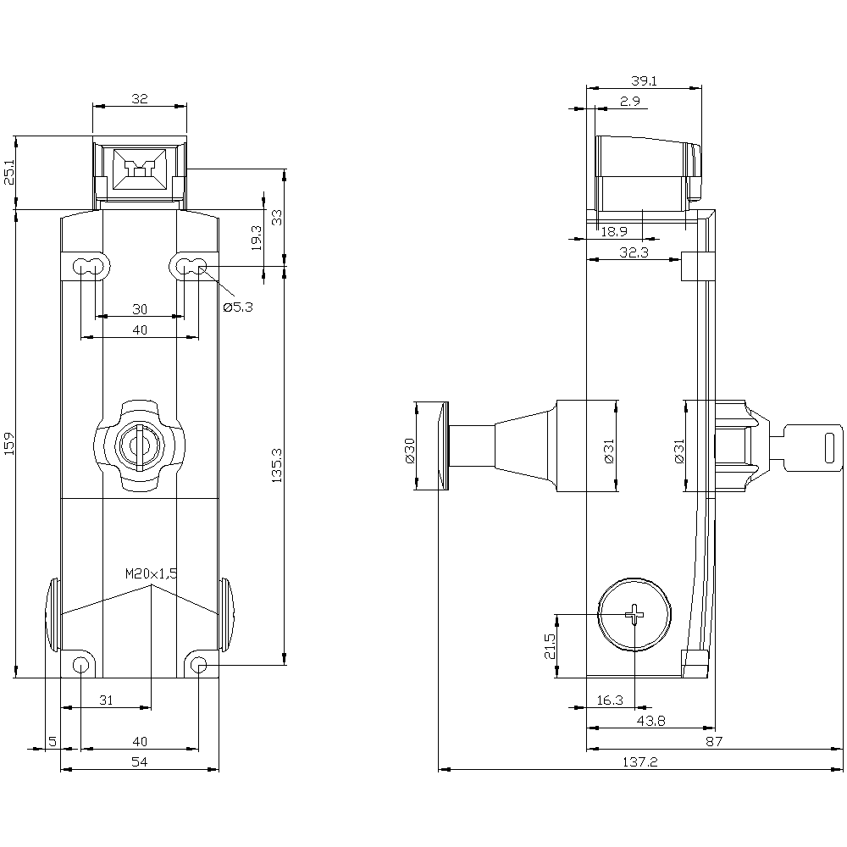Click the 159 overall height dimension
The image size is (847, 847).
point(8,445)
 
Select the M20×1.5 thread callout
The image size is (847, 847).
point(152,573)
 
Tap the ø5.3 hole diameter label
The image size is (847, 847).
point(238,307)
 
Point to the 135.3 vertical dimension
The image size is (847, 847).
point(276,465)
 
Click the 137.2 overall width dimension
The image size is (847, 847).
point(640,761)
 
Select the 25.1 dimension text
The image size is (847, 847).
point(9,172)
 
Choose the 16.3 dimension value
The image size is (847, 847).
point(610,700)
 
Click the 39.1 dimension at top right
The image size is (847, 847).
point(644,80)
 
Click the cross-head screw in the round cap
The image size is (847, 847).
point(634,614)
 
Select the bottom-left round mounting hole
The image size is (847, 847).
point(80,663)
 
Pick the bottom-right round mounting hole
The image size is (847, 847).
point(199,663)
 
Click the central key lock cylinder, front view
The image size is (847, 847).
point(138,445)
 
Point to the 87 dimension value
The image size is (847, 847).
point(713,741)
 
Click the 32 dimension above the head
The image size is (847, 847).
point(140,99)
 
